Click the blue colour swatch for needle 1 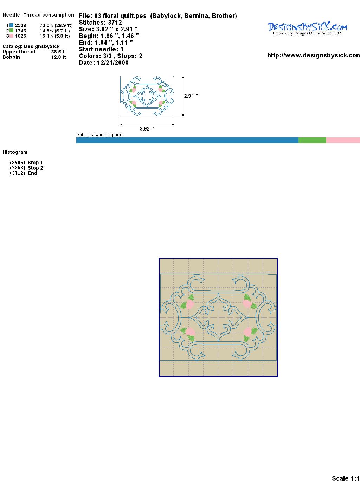tap(11, 25)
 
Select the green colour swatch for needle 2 tap(11, 31)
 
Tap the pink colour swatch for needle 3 tap(11, 36)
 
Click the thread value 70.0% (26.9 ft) tap(56, 25)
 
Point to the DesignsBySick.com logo tap(307, 28)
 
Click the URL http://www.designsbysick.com tap(314, 55)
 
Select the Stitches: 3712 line tap(100, 23)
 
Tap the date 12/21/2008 tap(113, 63)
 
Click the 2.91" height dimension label tap(191, 96)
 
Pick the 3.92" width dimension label tap(147, 128)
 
